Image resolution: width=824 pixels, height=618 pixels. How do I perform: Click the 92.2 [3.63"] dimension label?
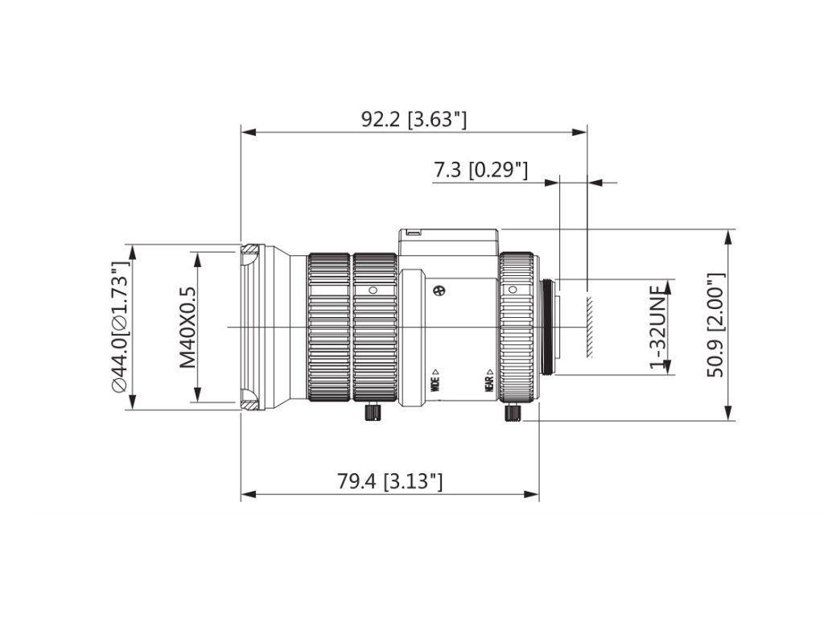[414, 119]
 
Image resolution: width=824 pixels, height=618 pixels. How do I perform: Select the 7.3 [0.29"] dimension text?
[480, 170]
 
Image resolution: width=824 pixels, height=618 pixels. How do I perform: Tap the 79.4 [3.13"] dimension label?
[389, 481]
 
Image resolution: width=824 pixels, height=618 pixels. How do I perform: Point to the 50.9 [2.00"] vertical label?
[715, 325]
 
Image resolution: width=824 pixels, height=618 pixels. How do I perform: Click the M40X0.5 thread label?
[187, 327]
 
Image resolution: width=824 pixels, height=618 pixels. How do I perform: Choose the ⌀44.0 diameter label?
[121, 327]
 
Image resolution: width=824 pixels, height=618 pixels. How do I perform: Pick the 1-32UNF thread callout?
[657, 327]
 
